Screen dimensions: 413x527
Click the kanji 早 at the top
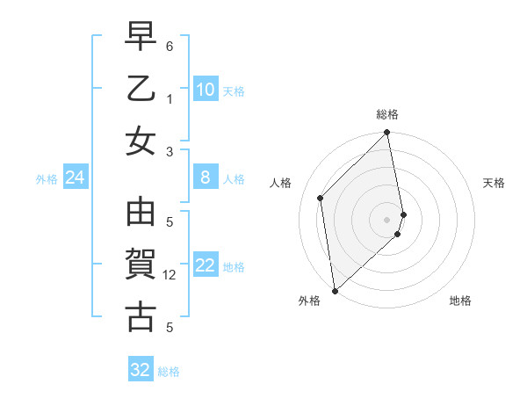pos(141,38)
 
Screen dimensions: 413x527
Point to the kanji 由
pos(141,214)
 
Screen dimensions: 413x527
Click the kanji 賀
pos(141,264)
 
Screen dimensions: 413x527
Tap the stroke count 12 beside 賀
pos(172,275)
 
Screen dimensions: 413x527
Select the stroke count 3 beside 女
pos(170,151)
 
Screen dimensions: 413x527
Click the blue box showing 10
pos(206,90)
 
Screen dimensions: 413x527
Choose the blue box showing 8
pos(206,178)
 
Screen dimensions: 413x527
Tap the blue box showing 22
pos(206,266)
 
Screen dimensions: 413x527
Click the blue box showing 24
pos(75,178)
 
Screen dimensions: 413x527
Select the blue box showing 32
pos(141,370)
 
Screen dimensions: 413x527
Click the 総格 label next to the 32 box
pos(169,372)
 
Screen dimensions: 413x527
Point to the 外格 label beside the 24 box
pos(47,179)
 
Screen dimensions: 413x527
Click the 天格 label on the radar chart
pos(494,183)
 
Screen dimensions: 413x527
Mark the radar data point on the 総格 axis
pos(387,134)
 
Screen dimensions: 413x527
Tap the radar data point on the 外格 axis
pos(335,290)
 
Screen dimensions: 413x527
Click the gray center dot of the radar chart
pos(387,219)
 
